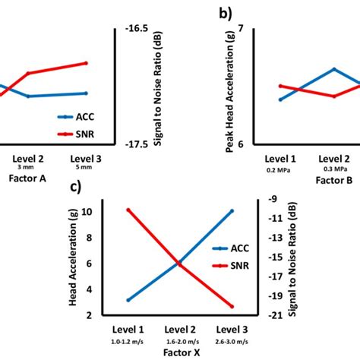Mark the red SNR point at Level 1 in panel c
click(x=128, y=210)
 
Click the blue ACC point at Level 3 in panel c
click(x=232, y=210)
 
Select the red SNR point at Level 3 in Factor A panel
click(x=86, y=63)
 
